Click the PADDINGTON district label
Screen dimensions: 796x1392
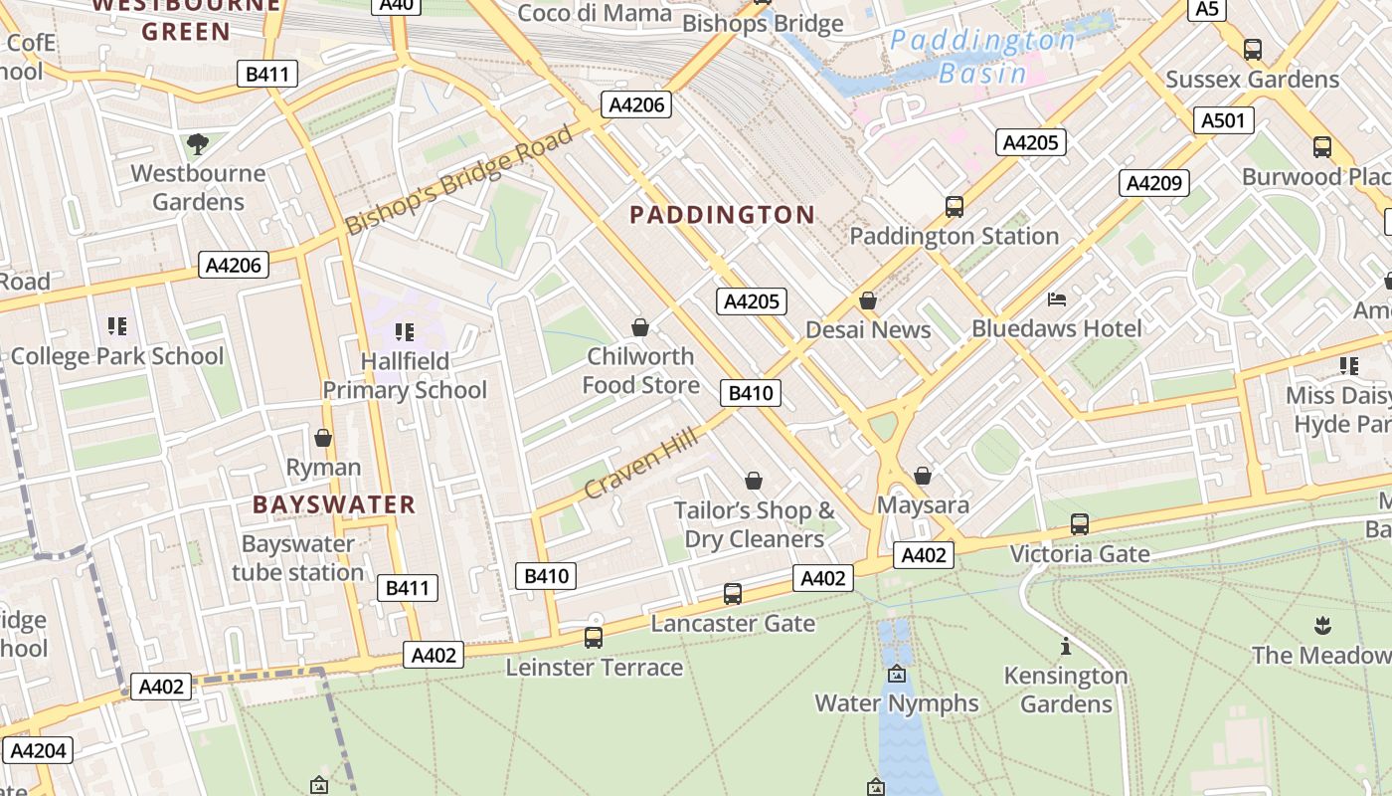(723, 215)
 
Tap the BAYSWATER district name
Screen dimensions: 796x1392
(334, 504)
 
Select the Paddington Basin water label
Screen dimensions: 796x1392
(982, 57)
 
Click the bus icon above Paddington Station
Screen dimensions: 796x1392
(955, 207)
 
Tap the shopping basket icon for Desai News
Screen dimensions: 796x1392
(868, 300)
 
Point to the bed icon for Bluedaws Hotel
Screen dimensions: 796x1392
(1057, 299)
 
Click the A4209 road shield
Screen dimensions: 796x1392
(1154, 183)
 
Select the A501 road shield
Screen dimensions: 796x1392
(1223, 121)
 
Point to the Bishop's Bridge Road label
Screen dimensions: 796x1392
(459, 179)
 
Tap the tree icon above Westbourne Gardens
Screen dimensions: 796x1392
(198, 144)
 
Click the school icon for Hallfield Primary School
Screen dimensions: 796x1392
(404, 331)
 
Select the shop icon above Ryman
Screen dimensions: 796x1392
(323, 438)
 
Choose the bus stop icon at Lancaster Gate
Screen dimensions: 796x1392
(733, 594)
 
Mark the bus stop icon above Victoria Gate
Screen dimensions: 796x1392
(1080, 524)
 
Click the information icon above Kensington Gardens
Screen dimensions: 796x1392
(1066, 647)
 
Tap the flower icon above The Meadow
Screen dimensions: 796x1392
(1321, 626)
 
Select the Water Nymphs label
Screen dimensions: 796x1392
(897, 703)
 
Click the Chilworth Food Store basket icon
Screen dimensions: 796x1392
(640, 327)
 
